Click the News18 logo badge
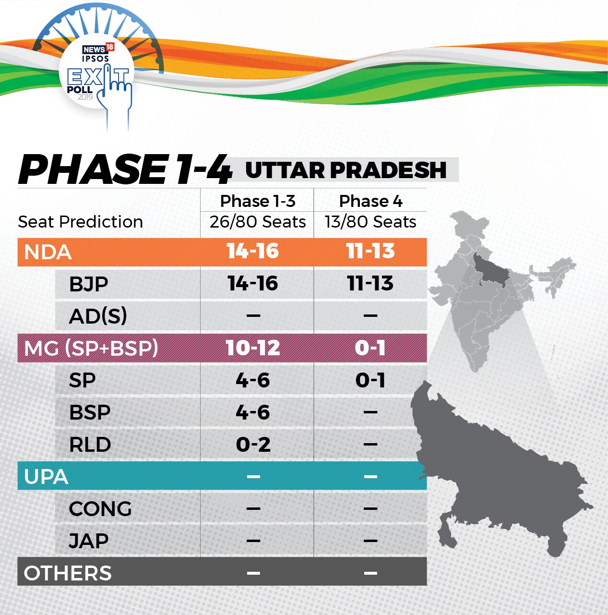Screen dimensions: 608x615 98,48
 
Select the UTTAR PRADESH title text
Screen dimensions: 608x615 346,170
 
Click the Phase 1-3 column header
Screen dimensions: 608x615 258,201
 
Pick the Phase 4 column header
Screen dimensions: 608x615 370,201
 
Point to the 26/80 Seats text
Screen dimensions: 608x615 258,221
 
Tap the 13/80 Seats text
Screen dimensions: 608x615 370,221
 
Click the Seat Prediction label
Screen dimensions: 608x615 81,222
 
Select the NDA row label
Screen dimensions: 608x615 48,252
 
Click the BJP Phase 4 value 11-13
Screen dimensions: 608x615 370,283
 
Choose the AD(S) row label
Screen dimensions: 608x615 98,316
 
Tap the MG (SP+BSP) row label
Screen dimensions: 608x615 91,348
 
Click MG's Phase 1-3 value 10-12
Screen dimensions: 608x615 253,348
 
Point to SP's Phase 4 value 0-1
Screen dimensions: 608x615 370,380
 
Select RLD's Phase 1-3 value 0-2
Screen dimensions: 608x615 253,444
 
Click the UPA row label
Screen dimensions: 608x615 46,476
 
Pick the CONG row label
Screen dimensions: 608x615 100,509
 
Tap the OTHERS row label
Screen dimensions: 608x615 68,573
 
